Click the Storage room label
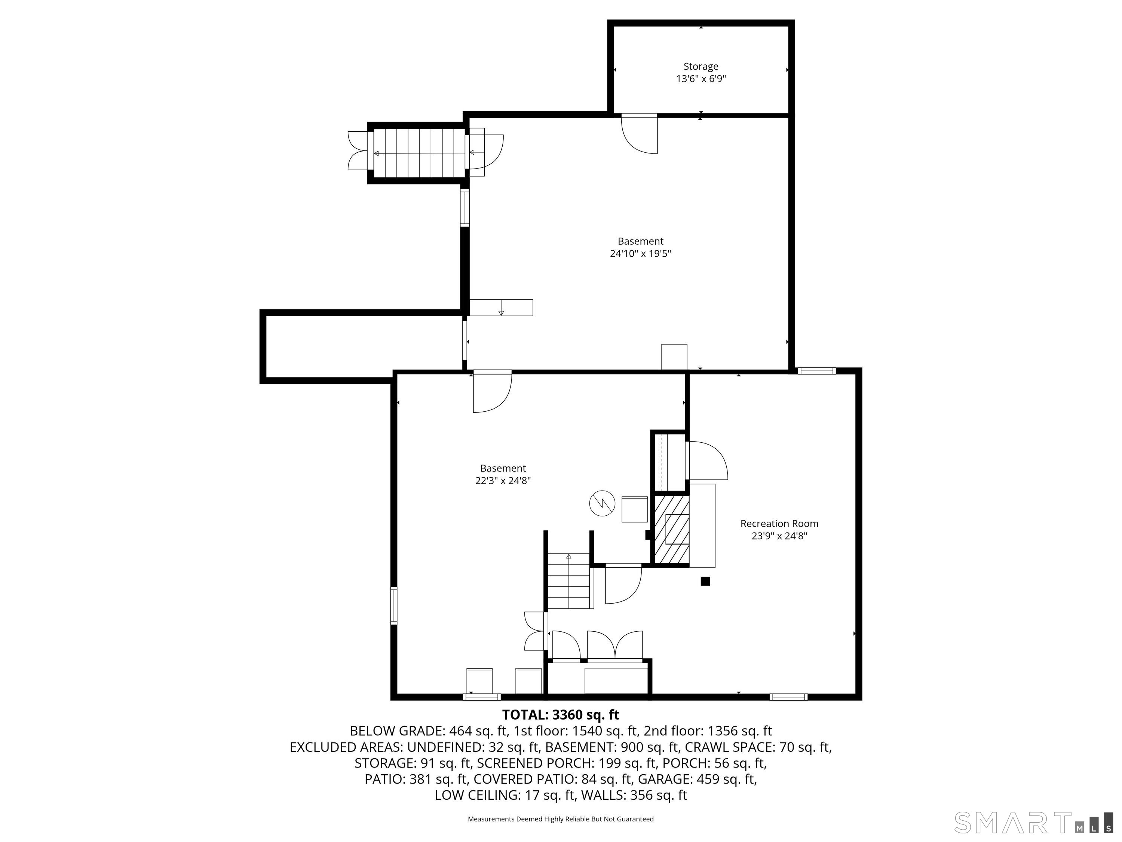coord(701,67)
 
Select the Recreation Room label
coord(779,523)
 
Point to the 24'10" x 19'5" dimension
coord(640,254)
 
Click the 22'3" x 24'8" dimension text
coord(503,481)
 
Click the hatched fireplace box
coord(671,530)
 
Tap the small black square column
coord(705,582)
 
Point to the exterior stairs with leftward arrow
coord(419,153)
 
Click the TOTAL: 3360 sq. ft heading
coord(561,715)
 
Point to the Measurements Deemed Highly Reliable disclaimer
coord(561,819)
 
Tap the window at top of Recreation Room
coord(816,371)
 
